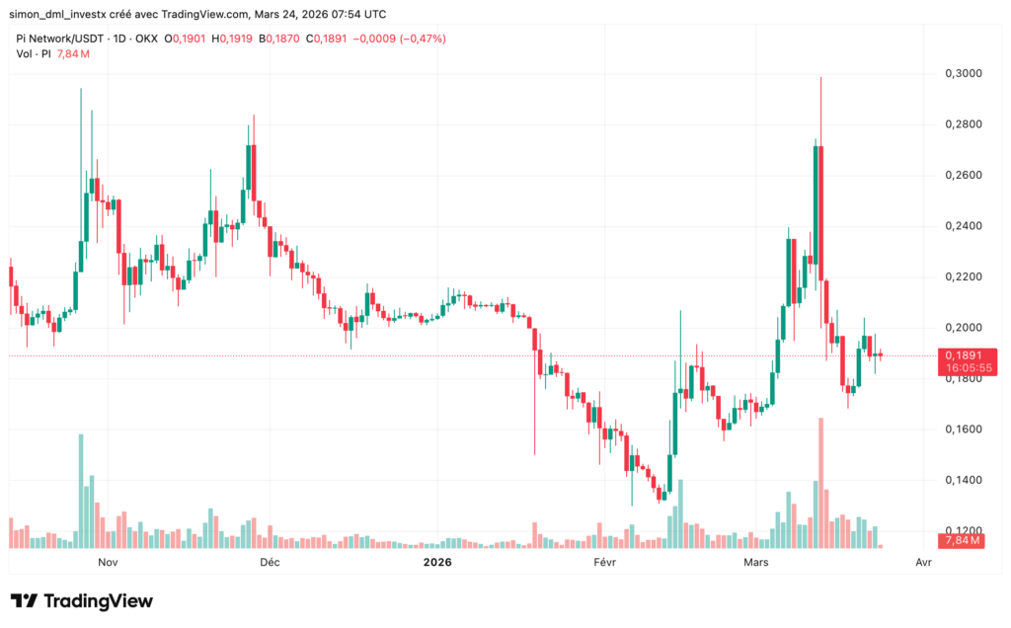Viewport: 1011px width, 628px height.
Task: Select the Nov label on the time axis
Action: point(109,562)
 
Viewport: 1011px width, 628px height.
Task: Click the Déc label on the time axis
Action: point(269,562)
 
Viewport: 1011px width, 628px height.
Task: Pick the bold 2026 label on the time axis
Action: point(436,562)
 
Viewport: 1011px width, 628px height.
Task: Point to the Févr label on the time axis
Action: point(605,562)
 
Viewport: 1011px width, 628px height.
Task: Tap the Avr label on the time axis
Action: point(923,562)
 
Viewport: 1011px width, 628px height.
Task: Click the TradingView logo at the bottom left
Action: point(81,600)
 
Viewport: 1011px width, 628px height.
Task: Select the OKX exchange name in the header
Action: point(145,39)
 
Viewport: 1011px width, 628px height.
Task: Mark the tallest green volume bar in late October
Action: point(81,490)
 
